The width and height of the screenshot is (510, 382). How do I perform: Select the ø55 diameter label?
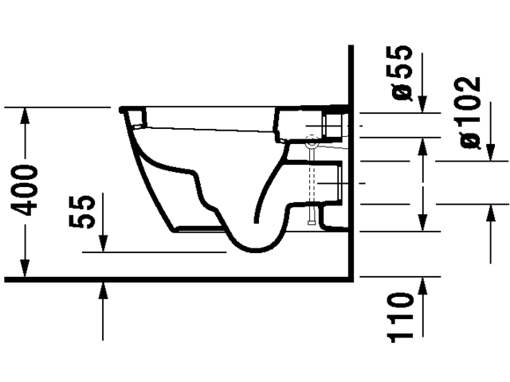[403, 74]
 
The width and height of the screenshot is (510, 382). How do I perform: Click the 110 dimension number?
[403, 317]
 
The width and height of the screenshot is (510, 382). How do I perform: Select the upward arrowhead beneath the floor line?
[103, 289]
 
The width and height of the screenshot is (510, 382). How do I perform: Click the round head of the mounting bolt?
[312, 146]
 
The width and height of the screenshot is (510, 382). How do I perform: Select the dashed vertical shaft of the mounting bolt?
[312, 183]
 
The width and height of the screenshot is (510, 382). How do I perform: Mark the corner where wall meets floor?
[351, 279]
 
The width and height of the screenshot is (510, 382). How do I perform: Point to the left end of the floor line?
[6, 279]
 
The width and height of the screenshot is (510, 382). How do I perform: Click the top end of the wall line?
[351, 48]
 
